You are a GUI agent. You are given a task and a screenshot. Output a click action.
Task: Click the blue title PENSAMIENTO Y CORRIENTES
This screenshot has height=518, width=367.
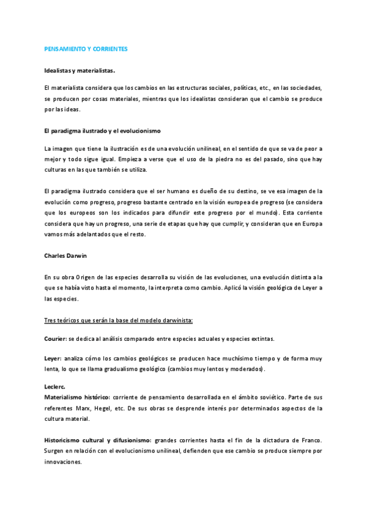[86, 48]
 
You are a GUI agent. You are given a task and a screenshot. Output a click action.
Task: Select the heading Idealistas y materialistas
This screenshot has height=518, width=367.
[79, 70]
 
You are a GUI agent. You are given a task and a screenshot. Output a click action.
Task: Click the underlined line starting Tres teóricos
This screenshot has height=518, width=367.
[119, 320]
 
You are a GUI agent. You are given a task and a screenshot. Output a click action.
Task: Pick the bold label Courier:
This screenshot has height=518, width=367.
[56, 338]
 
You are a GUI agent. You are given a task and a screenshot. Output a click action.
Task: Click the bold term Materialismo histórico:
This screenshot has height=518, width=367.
[77, 397]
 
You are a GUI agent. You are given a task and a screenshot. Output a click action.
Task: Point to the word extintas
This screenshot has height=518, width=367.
[263, 338]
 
